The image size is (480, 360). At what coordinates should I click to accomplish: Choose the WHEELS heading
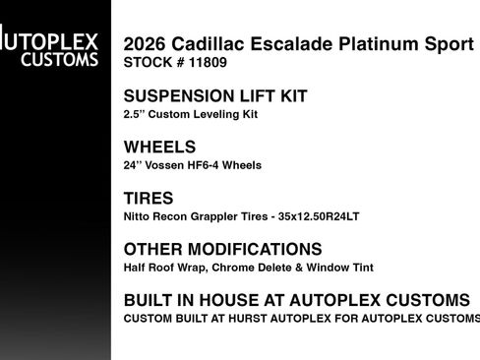pos(159,148)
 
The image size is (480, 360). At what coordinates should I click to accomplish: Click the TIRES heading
pos(150,199)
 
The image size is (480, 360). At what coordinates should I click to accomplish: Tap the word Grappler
pos(218,216)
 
